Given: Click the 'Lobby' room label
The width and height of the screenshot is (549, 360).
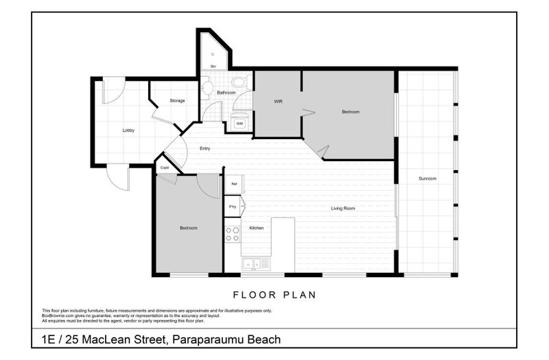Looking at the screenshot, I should point(128,130).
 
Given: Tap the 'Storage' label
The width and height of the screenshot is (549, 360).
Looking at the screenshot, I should point(177,101).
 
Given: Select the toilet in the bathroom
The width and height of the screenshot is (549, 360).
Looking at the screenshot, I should point(238,82).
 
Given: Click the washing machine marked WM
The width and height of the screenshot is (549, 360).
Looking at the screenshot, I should point(239,123).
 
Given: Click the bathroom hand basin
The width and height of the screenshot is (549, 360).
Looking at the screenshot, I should point(206,88).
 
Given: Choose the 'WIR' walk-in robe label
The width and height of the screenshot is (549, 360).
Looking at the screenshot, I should point(278,101).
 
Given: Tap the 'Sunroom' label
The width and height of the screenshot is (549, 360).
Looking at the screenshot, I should point(428,178).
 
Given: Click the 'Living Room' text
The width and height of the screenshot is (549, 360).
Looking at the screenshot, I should point(342,208).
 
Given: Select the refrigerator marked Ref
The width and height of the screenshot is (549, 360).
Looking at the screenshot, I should point(233,184).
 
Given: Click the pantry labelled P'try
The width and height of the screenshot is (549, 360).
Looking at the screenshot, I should point(233,206).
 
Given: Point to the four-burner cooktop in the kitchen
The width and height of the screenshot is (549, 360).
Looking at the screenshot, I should point(233,234).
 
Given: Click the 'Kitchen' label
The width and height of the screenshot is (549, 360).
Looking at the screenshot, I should point(256,228).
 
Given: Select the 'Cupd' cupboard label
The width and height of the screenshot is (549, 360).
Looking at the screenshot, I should point(165,167).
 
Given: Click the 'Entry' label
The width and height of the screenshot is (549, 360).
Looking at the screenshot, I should point(205,148).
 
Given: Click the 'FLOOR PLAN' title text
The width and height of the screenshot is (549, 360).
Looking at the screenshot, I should point(274,296).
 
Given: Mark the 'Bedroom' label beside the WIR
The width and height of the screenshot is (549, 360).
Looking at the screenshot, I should point(351,112).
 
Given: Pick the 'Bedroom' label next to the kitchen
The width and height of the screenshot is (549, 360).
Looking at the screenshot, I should point(189,228).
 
